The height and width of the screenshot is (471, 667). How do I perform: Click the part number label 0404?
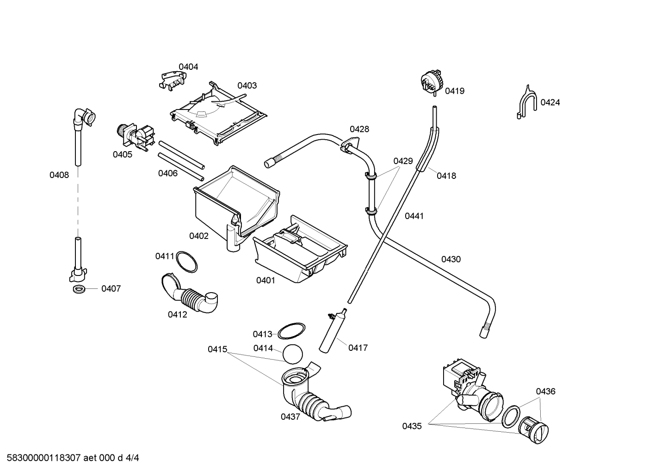pos(188,67)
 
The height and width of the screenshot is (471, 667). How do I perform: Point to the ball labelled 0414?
pos(292,355)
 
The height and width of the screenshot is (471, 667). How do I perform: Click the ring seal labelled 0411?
pos(186,262)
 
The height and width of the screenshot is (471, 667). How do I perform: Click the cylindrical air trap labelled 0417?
pos(332,332)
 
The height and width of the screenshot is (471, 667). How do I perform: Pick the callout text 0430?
pos(451,259)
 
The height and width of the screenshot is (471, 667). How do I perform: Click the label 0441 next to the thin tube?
pos(414,216)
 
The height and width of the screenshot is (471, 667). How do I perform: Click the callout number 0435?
pos(412,426)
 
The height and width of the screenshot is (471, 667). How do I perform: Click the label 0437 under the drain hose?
pos(290,416)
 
